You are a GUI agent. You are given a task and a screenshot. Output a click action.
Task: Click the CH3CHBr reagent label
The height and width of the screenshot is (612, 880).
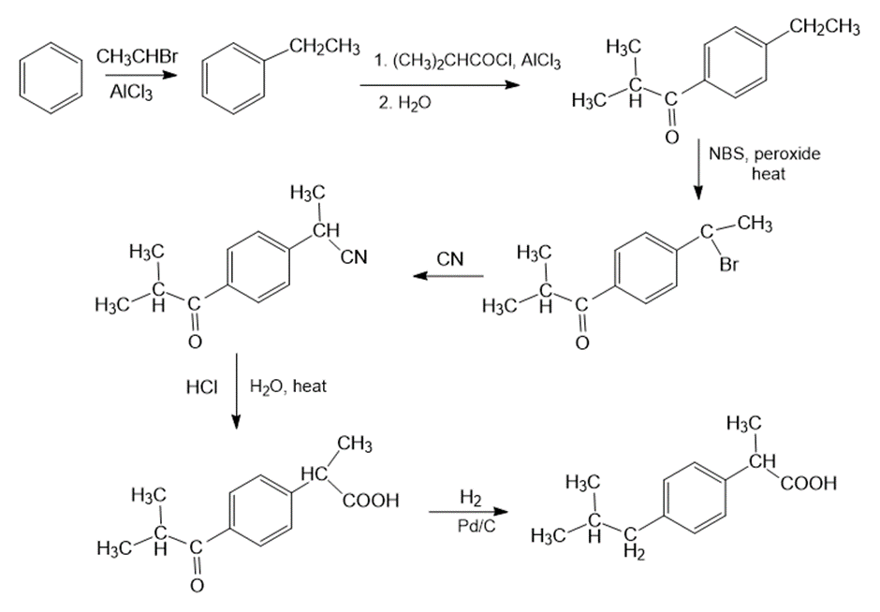(138, 57)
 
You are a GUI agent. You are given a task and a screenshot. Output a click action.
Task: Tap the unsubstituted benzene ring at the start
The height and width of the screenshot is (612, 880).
(51, 78)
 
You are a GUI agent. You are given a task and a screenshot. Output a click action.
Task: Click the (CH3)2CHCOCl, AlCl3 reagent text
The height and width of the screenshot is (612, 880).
(468, 62)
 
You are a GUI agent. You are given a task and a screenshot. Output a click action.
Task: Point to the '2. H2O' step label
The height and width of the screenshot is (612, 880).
(404, 103)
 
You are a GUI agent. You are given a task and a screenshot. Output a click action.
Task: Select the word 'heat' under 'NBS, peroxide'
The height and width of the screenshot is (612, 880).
(769, 174)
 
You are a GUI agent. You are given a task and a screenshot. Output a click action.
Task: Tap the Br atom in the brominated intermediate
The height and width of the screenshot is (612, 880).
(729, 265)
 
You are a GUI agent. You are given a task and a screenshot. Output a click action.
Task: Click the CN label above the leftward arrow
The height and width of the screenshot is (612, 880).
(450, 259)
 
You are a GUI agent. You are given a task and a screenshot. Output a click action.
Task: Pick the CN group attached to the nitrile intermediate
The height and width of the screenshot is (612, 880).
(354, 257)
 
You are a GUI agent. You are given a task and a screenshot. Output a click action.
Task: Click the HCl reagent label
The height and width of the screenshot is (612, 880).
(201, 387)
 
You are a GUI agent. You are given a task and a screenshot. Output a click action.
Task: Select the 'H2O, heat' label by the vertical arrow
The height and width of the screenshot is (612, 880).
(288, 387)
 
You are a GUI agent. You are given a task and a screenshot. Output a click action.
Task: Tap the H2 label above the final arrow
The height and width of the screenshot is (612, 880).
(470, 498)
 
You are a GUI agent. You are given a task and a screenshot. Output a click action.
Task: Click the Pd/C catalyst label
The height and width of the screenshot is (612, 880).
(477, 527)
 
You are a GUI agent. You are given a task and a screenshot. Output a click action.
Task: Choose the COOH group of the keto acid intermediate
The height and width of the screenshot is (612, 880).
(371, 501)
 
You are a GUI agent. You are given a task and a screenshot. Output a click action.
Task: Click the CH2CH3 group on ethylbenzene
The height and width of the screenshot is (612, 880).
(324, 47)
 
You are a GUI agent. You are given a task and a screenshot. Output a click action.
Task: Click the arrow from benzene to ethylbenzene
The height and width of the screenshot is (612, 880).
(138, 76)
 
